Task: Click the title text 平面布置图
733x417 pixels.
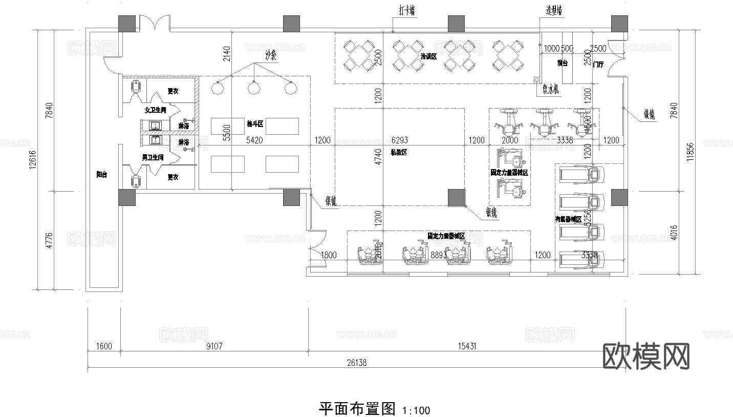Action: pos(357,409)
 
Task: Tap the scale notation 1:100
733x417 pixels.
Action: pos(416,410)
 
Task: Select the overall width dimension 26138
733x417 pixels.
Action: pos(356,363)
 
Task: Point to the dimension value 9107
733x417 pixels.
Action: pos(214,346)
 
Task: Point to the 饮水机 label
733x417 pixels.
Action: pos(551,90)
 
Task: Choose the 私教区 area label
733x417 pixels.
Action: pos(398,152)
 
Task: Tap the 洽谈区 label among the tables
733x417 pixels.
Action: pos(428,56)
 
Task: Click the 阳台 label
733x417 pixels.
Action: pos(102,175)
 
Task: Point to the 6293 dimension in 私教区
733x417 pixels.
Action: pos(400,140)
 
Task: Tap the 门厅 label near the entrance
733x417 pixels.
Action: pos(597,65)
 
